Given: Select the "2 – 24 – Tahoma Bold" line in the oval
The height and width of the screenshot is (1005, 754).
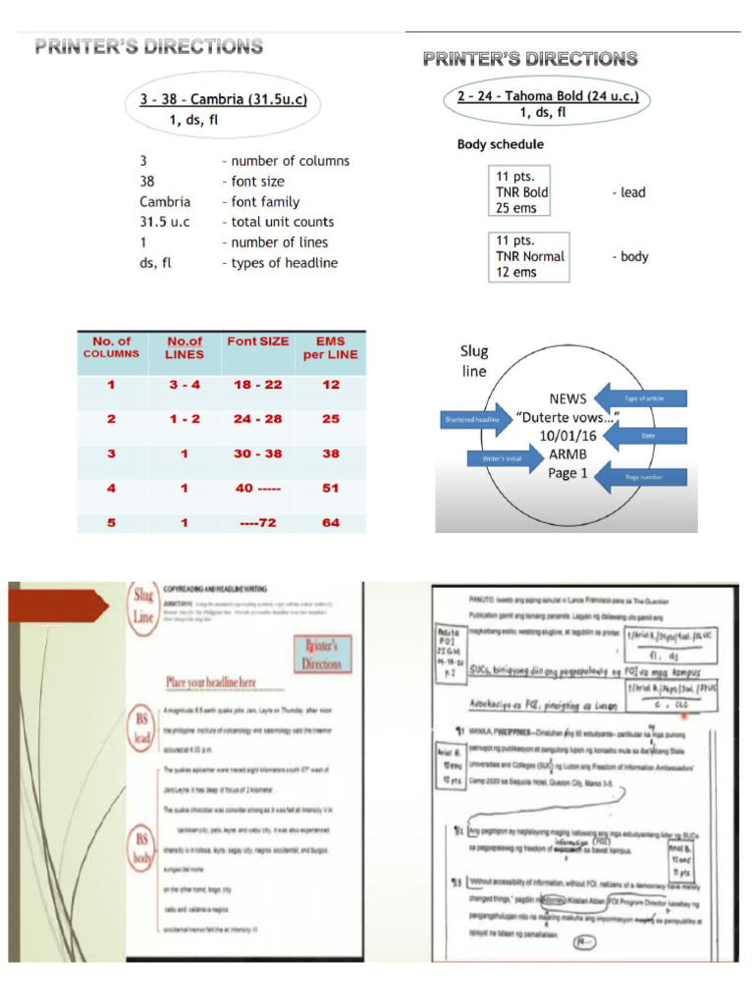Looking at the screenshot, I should [x=547, y=96].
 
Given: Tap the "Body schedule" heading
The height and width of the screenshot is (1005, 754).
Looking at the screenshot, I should [x=500, y=144].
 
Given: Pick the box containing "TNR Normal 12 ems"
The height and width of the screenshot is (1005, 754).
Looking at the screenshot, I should [x=529, y=256].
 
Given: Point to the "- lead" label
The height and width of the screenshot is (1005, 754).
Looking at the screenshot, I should [x=628, y=192].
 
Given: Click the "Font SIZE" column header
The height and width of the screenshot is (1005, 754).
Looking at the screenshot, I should [x=257, y=342].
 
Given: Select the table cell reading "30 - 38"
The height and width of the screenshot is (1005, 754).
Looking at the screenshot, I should [x=257, y=453].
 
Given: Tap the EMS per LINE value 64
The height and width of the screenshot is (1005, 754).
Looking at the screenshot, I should [x=331, y=523].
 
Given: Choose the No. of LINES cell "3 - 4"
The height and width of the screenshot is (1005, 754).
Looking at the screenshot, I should [x=185, y=385].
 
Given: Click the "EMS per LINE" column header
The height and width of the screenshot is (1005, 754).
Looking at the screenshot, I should [x=331, y=347].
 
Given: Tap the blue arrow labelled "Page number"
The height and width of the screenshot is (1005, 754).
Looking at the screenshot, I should [x=642, y=476].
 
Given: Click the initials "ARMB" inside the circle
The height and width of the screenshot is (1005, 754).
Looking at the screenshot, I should [x=568, y=454].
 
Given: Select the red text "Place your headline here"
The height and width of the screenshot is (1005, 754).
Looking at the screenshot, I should [x=226, y=681].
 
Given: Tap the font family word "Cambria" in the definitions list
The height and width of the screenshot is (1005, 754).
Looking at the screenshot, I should [x=165, y=202].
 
